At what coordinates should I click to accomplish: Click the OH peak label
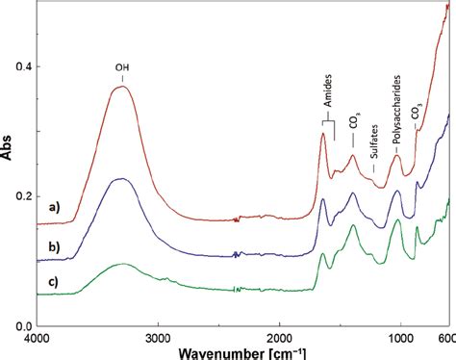[x=122, y=68]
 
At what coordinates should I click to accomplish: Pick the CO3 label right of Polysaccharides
[x=417, y=114]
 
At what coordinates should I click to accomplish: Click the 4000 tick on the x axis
[x=37, y=339]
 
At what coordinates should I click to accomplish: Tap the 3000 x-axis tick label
[x=158, y=339]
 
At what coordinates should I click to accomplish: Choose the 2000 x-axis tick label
[x=279, y=339]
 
